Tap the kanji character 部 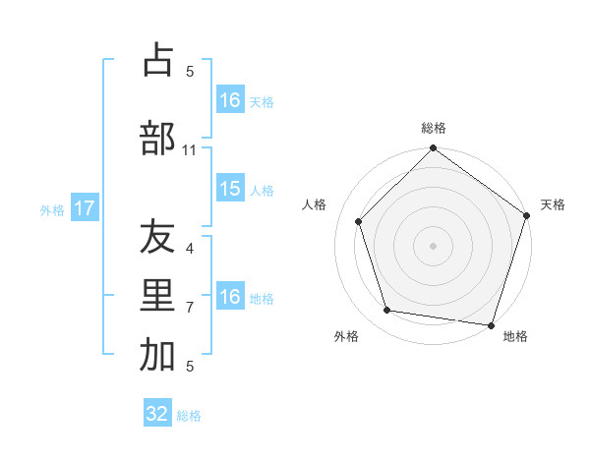[x=157, y=138]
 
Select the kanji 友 [x=157, y=239]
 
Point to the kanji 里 [x=157, y=297]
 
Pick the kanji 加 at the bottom [x=157, y=356]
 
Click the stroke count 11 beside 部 [x=190, y=150]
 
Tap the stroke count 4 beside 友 [x=190, y=249]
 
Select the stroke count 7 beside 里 [x=190, y=308]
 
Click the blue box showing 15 [x=230, y=189]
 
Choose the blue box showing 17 [x=84, y=208]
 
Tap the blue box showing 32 [x=157, y=414]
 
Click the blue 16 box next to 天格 [x=230, y=100]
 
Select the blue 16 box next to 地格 [x=230, y=297]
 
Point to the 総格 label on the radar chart [x=434, y=128]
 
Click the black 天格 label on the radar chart [x=553, y=204]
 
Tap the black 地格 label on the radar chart [x=515, y=336]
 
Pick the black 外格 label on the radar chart [x=346, y=336]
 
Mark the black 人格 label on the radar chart [x=315, y=204]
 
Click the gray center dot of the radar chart [x=433, y=245]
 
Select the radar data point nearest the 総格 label [x=433, y=149]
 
